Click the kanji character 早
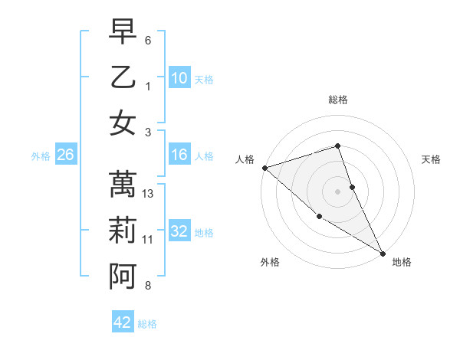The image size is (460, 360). pyautogui.click(x=123, y=32)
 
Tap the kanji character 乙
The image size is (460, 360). pyautogui.click(x=123, y=77)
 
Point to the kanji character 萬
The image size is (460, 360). pyautogui.click(x=123, y=185)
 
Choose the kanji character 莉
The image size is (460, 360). pyautogui.click(x=123, y=231)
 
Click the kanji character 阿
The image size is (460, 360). pyautogui.click(x=123, y=277)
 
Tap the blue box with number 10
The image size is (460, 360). pyautogui.click(x=179, y=77)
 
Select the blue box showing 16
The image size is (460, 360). pyautogui.click(x=179, y=155)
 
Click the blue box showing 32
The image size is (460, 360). pyautogui.click(x=179, y=231)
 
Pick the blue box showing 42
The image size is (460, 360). pyautogui.click(x=123, y=322)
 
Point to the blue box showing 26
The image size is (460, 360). pyautogui.click(x=66, y=155)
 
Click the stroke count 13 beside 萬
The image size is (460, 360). pyautogui.click(x=148, y=194)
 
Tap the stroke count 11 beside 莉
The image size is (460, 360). pyautogui.click(x=148, y=240)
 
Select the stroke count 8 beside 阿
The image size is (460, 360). pyautogui.click(x=148, y=286)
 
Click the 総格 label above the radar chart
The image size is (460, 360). pyautogui.click(x=338, y=100)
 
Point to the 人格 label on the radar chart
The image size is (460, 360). pyautogui.click(x=245, y=159)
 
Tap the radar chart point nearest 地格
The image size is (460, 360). pyautogui.click(x=383, y=252)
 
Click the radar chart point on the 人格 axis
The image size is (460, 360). pyautogui.click(x=264, y=167)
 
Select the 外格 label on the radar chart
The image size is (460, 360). pyautogui.click(x=270, y=262)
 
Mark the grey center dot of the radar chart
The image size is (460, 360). pyautogui.click(x=338, y=191)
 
